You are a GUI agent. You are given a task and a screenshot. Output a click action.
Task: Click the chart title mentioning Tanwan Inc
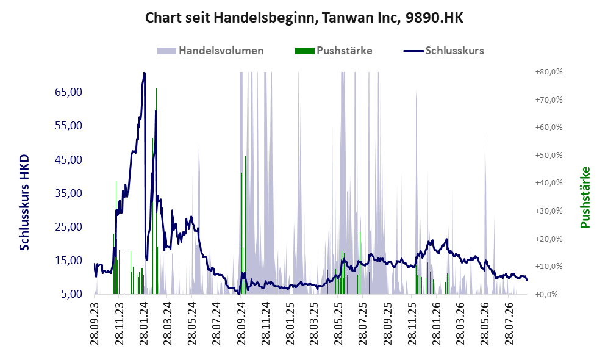pyautogui.click(x=304, y=18)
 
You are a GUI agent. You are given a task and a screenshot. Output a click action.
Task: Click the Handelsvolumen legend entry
pyautogui.click(x=210, y=51)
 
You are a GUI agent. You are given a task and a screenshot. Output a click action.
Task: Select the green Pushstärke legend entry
pyautogui.click(x=334, y=51)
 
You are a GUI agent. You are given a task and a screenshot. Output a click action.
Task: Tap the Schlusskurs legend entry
pyautogui.click(x=443, y=51)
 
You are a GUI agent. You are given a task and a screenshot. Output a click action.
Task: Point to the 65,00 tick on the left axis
pyautogui.click(x=69, y=92)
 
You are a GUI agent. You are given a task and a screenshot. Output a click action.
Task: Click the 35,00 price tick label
pyautogui.click(x=69, y=193)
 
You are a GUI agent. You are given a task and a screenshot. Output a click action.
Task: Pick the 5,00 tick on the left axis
pyautogui.click(x=71, y=294)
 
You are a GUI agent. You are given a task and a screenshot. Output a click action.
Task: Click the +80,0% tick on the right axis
pyautogui.click(x=549, y=72)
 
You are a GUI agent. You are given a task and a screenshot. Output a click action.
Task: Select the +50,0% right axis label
pyautogui.click(x=549, y=155)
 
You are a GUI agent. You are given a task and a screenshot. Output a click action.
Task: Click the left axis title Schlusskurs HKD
pyautogui.click(x=24, y=203)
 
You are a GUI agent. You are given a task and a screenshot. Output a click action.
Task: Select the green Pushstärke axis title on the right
pyautogui.click(x=585, y=197)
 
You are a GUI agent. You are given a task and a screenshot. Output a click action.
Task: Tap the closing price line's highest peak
pyautogui.click(x=145, y=73)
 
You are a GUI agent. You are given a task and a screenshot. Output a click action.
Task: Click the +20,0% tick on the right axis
pyautogui.click(x=549, y=239)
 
